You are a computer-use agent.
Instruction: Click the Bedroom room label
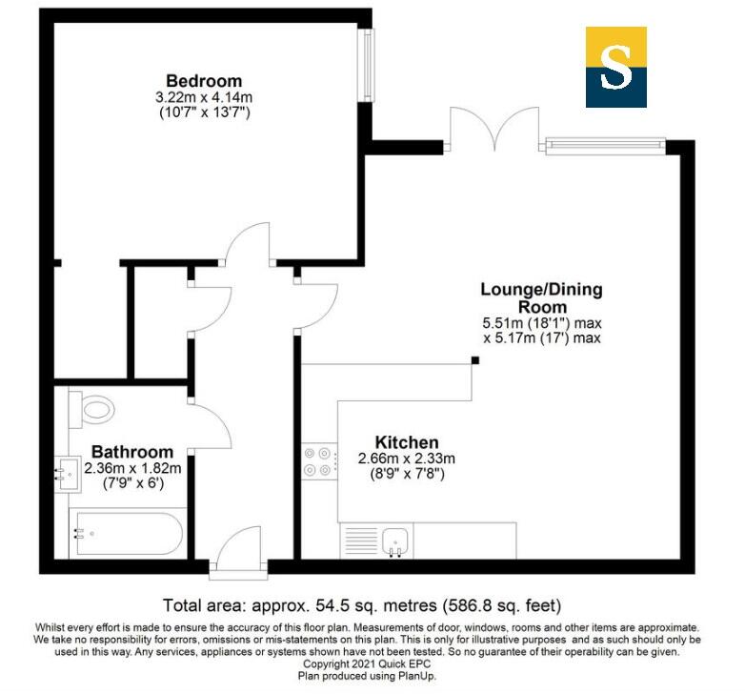(x=204, y=81)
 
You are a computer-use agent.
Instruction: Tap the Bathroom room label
(x=132, y=452)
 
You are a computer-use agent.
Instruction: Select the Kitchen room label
(x=407, y=442)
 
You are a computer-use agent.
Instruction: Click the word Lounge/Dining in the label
(x=541, y=290)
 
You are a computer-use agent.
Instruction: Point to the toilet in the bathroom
(x=92, y=411)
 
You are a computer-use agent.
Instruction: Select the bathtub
(x=127, y=535)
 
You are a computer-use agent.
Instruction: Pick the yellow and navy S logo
(x=615, y=66)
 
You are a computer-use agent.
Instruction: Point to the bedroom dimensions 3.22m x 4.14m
(x=204, y=97)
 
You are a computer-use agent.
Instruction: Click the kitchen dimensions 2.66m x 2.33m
(x=407, y=459)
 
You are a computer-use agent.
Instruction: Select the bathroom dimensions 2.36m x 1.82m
(x=132, y=468)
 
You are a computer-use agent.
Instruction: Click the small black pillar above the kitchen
(x=474, y=360)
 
